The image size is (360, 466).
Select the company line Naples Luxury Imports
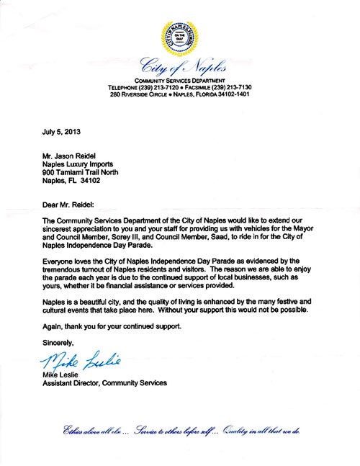[x=81, y=163]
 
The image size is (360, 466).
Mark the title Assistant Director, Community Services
[x=104, y=383]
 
